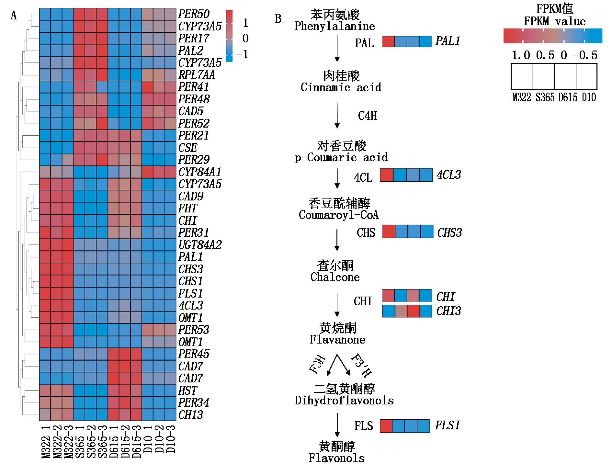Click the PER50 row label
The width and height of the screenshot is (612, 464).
[x=194, y=14]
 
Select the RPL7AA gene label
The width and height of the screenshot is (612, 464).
[x=197, y=75]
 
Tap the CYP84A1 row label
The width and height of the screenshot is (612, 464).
[x=200, y=172]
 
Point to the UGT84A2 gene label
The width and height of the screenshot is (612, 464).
[x=200, y=245]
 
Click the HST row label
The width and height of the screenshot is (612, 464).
[x=187, y=390]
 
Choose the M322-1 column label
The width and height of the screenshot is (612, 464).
[x=45, y=442]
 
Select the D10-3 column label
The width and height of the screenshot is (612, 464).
[x=170, y=439]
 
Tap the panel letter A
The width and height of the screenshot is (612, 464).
[x=14, y=15]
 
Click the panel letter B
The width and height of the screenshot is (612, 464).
[x=278, y=19]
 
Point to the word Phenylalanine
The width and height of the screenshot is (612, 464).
[x=334, y=26]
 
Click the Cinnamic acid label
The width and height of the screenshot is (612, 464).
[x=341, y=87]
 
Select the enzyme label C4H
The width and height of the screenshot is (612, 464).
[x=368, y=116]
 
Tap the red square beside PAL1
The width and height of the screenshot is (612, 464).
[x=389, y=41]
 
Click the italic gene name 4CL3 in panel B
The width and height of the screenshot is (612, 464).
[x=449, y=175]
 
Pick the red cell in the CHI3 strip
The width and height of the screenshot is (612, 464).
[x=413, y=311]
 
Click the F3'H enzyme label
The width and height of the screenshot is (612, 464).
[x=361, y=365]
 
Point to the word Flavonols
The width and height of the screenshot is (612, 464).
[x=336, y=458]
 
